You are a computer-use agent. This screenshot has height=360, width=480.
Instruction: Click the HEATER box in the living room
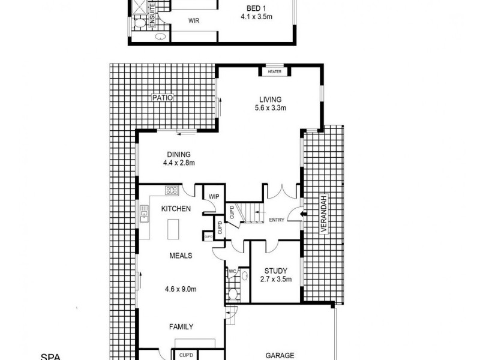click(x=275, y=72)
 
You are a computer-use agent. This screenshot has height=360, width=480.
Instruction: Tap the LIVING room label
click(x=270, y=100)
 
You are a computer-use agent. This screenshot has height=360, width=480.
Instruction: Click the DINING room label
click(x=179, y=154)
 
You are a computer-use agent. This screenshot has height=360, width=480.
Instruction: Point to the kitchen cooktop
click(x=172, y=191)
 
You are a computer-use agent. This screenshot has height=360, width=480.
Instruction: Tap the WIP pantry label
click(x=213, y=196)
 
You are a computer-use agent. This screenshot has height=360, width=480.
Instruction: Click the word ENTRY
click(x=277, y=220)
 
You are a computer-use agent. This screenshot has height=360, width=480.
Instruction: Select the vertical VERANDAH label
click(x=323, y=216)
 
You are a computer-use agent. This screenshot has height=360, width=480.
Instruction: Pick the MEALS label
click(x=180, y=255)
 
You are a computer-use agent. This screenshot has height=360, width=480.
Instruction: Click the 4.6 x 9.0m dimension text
click(x=180, y=289)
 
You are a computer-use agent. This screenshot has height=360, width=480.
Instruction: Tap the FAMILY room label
click(x=181, y=327)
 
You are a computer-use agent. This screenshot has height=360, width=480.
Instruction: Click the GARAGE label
click(x=280, y=355)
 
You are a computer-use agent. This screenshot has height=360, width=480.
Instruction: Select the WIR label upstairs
click(x=194, y=20)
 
